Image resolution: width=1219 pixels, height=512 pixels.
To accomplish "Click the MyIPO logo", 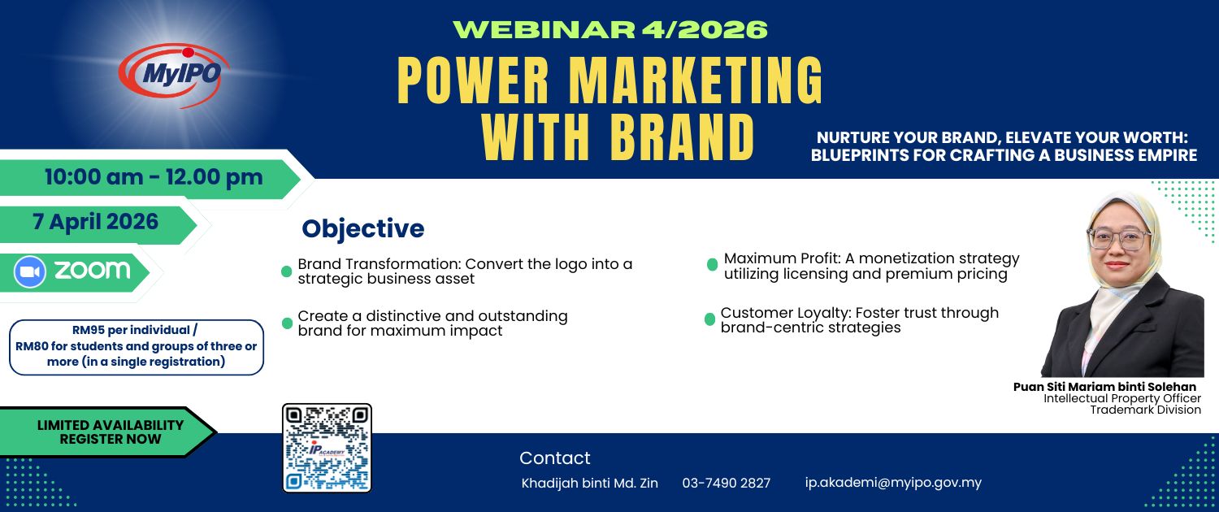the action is (174, 75).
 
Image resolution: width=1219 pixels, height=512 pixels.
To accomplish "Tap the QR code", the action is (327, 448).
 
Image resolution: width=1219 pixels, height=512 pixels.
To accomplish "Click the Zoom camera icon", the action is (29, 271).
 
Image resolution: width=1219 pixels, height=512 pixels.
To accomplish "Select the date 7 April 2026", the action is (95, 221).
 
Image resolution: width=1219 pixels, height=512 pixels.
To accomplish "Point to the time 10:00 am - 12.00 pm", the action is (154, 177).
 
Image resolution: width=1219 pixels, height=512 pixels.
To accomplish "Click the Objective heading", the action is (363, 228).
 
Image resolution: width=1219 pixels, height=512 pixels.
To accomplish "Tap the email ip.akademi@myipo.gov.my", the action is (893, 483).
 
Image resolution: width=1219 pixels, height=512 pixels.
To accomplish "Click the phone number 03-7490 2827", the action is (727, 483).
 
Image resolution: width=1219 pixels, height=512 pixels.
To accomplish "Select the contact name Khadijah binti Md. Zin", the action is (589, 483).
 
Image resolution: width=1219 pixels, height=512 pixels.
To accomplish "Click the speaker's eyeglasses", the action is (1119, 238).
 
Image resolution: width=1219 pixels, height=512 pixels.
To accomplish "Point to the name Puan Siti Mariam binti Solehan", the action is (1104, 387).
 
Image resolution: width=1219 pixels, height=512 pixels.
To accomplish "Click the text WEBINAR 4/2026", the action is (610, 29).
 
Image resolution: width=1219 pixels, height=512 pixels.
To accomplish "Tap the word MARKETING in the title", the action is (696, 80).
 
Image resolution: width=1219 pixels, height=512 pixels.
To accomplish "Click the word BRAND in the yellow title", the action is (683, 137).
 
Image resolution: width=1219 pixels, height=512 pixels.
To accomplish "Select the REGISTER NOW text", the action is (111, 439).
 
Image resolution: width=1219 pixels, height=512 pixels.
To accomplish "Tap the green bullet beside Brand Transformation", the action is (286, 271).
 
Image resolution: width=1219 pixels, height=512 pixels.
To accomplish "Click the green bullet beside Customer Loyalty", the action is (709, 319).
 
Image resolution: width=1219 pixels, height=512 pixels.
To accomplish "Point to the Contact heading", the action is (554, 458).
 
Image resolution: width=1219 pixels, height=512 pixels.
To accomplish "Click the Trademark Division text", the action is (1145, 410).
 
